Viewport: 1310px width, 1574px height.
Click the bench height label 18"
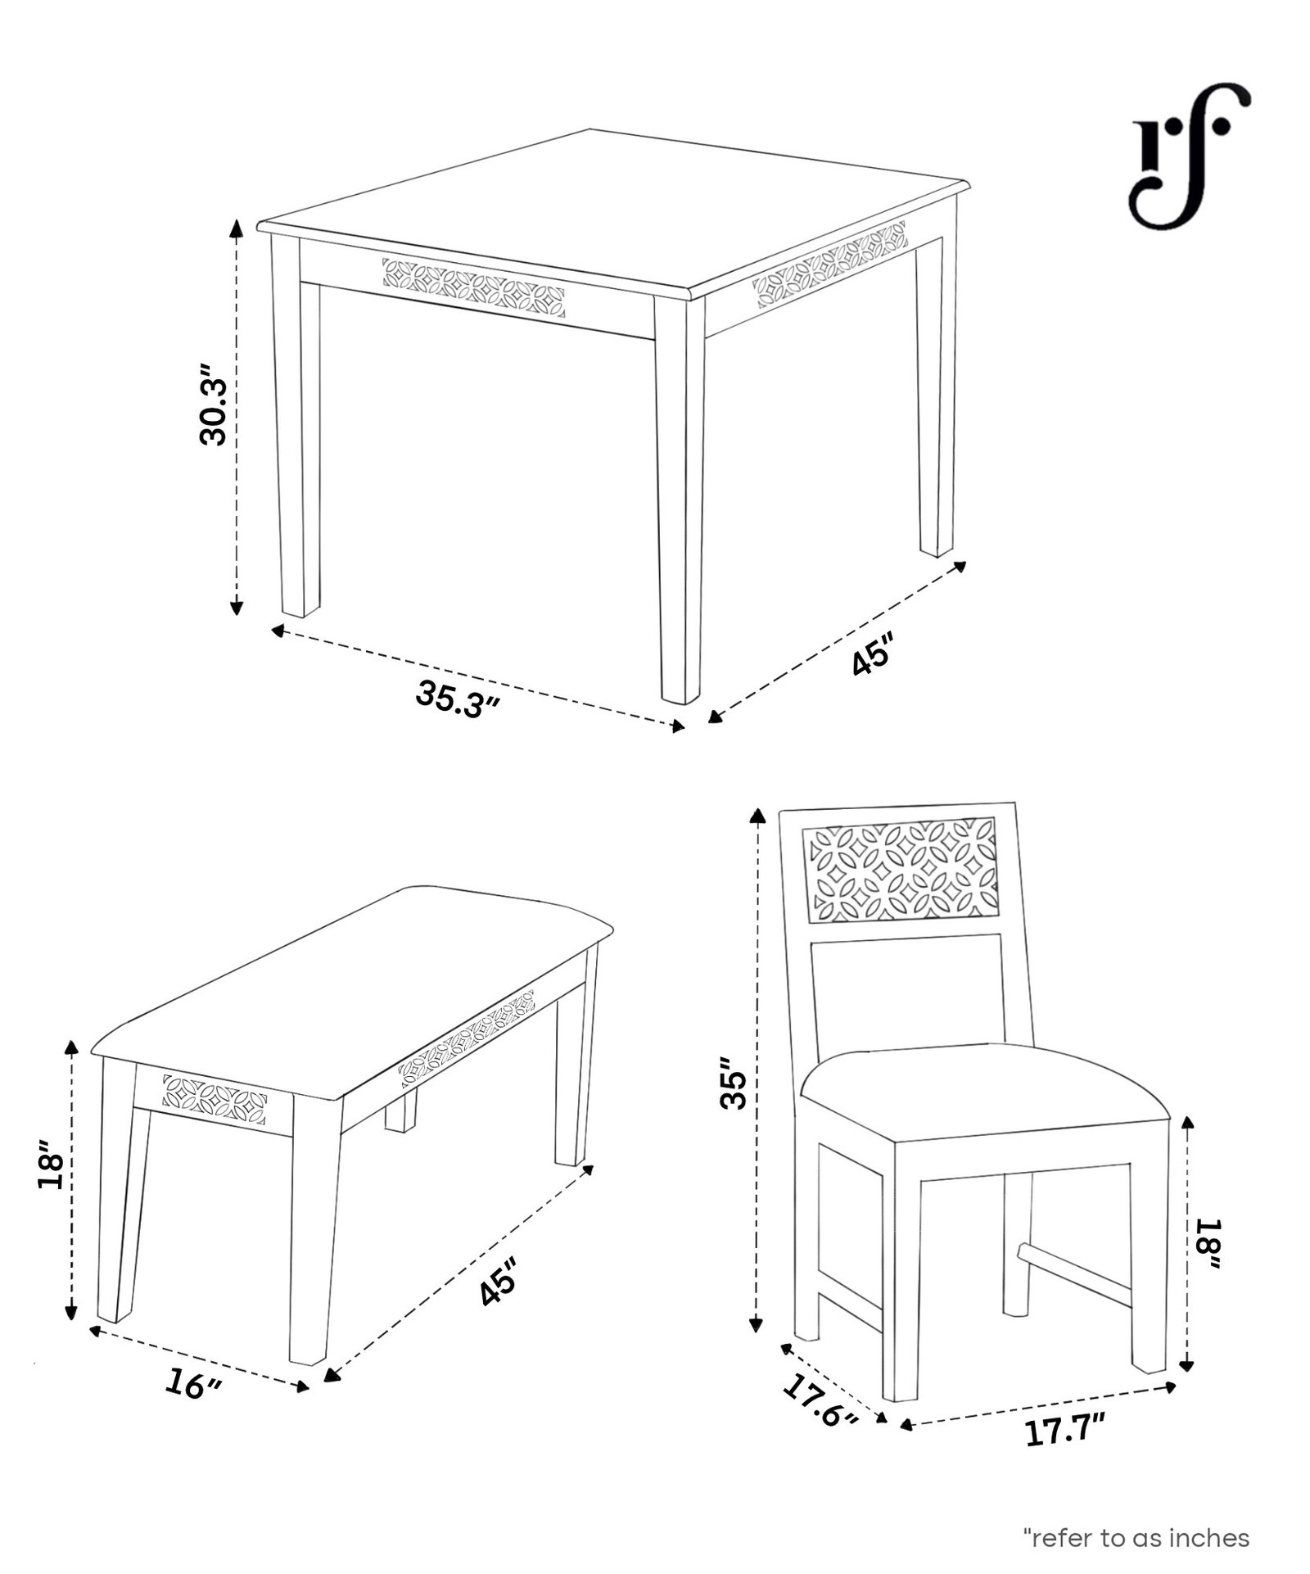[52, 1162]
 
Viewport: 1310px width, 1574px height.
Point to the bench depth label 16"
[192, 1384]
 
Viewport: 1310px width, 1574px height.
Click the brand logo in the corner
[1190, 156]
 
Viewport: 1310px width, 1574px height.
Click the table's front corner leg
[680, 500]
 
